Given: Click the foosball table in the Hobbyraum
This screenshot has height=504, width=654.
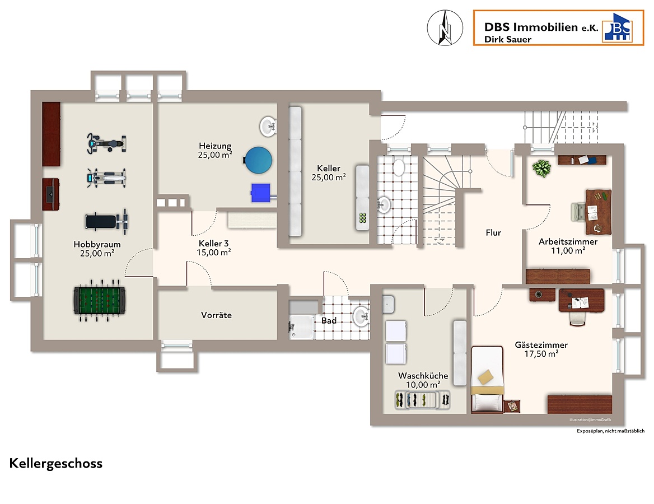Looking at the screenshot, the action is pyautogui.click(x=99, y=300).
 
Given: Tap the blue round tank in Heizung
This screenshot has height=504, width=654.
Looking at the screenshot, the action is pyautogui.click(x=258, y=160).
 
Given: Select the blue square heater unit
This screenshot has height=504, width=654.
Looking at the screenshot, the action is pyautogui.click(x=261, y=193).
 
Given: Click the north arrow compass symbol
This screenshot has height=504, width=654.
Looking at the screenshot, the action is pyautogui.click(x=445, y=28).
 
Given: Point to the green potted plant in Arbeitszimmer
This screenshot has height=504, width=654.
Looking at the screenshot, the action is pyautogui.click(x=541, y=169).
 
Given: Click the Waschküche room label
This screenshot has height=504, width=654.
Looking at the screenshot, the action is pyautogui.click(x=423, y=376).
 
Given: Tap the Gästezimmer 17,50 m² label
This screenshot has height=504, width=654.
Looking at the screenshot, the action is pyautogui.click(x=541, y=349).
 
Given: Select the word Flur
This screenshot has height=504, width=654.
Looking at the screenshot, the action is pyautogui.click(x=493, y=233).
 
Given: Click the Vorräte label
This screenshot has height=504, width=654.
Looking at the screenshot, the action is pyautogui.click(x=216, y=315).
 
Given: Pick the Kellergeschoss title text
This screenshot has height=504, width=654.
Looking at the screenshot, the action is pyautogui.click(x=56, y=464).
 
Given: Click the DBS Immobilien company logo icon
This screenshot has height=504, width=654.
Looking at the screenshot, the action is pyautogui.click(x=617, y=27).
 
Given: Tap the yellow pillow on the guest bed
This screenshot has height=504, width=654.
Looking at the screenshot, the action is pyautogui.click(x=485, y=377).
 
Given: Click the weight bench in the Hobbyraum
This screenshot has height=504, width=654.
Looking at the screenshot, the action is pyautogui.click(x=106, y=221).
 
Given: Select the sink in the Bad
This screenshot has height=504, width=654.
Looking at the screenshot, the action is pyautogui.click(x=361, y=316).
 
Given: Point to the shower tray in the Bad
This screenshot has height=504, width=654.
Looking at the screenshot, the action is pyautogui.click(x=301, y=326).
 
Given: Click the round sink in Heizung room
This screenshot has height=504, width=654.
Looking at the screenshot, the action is pyautogui.click(x=268, y=126).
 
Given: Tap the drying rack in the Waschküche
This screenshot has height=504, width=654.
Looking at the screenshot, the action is pyautogui.click(x=422, y=400).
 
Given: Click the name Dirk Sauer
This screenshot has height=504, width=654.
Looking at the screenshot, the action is pyautogui.click(x=508, y=40).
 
